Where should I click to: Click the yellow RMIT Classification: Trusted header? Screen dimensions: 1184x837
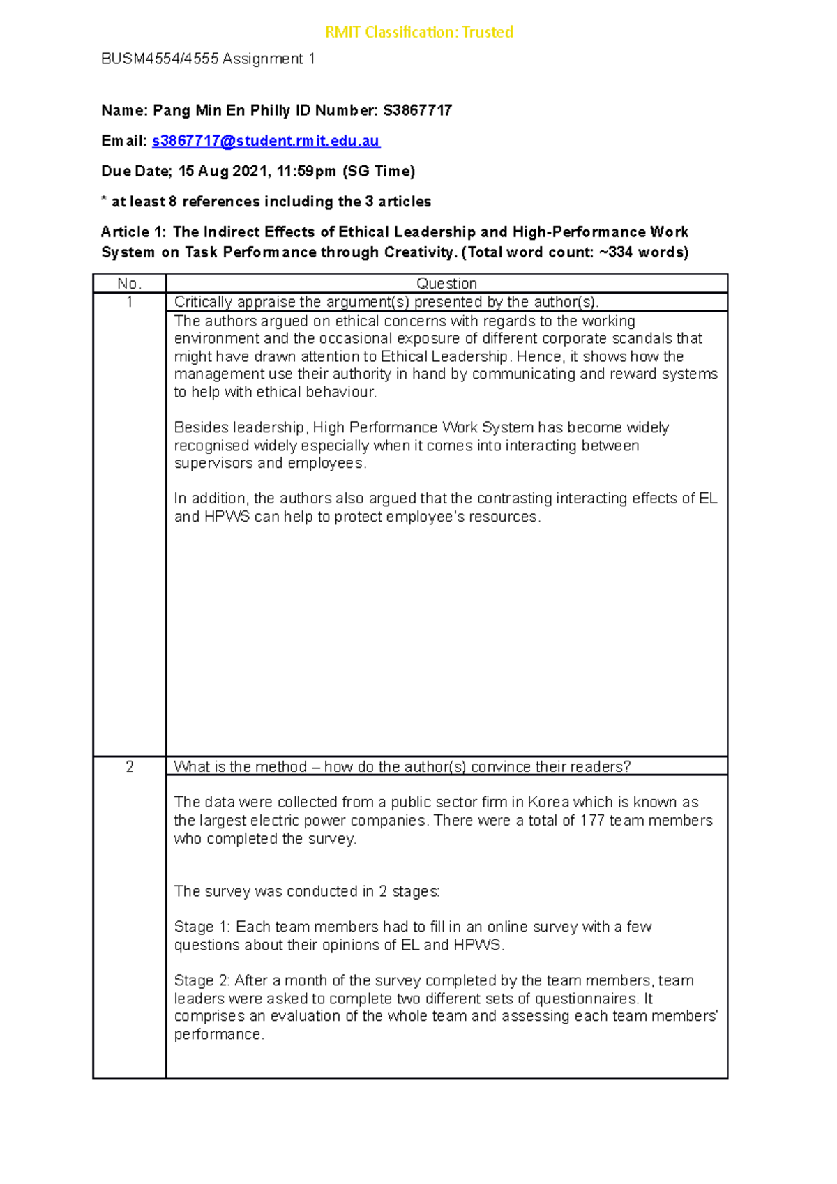[418, 32]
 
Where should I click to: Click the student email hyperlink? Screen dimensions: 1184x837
[265, 141]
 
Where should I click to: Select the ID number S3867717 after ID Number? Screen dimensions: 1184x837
[417, 110]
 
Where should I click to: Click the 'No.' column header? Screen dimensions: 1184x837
[129, 283]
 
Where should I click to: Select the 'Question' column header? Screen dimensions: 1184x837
[446, 283]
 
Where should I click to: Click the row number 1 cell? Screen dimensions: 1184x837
[129, 302]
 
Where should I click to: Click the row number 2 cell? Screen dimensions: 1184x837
[129, 766]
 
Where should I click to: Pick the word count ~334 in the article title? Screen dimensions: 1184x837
[615, 252]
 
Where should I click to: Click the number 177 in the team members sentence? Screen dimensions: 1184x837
[591, 820]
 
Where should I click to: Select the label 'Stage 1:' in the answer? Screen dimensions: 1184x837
[202, 927]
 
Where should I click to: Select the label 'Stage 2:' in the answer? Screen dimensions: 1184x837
[202, 980]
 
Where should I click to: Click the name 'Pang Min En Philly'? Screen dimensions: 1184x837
[221, 110]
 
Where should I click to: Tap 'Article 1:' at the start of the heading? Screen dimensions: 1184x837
[133, 232]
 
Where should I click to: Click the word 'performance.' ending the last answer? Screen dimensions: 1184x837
[219, 1034]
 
